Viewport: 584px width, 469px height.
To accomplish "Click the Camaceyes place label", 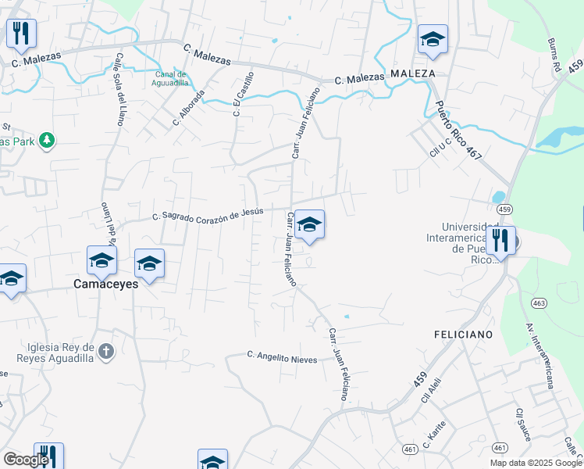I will [105, 284].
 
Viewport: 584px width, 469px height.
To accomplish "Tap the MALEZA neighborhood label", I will [412, 73].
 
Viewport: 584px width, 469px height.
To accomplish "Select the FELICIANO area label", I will [463, 334].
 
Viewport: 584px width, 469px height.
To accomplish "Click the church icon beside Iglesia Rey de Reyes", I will [107, 351].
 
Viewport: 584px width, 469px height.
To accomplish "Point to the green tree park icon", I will [47, 139].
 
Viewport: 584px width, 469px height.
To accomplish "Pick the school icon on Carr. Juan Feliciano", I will [309, 225].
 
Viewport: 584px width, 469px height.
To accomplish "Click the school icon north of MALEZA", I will [432, 40].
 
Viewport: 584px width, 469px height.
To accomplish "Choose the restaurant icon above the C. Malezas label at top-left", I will [21, 32].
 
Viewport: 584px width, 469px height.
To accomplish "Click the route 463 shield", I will [538, 303].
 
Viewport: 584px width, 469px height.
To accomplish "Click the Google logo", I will [26, 459].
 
